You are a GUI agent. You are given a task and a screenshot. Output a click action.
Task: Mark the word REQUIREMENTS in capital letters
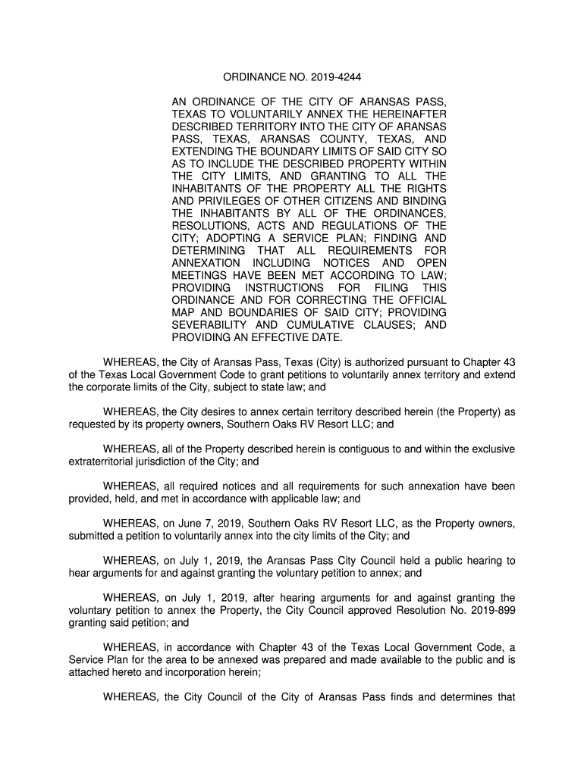tap(369, 251)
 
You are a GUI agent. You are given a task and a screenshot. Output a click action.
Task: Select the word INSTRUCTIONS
tap(284, 288)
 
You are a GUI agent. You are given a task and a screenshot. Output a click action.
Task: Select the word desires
tap(221, 412)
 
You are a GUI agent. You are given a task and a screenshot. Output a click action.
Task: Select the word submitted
tap(92, 536)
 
